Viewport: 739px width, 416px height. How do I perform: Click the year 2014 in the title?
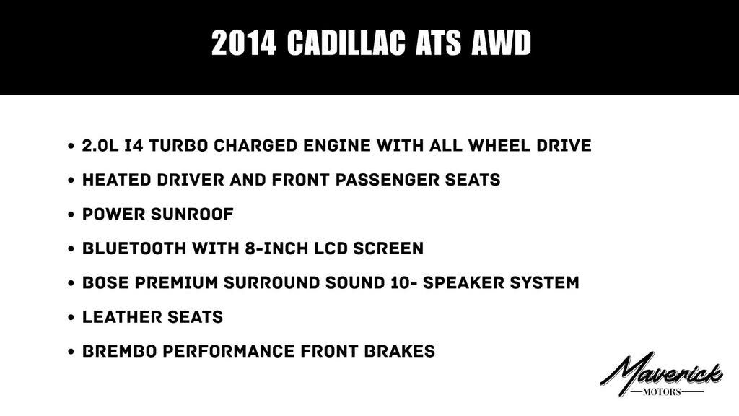243,44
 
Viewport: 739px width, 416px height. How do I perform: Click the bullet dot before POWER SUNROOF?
71,215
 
